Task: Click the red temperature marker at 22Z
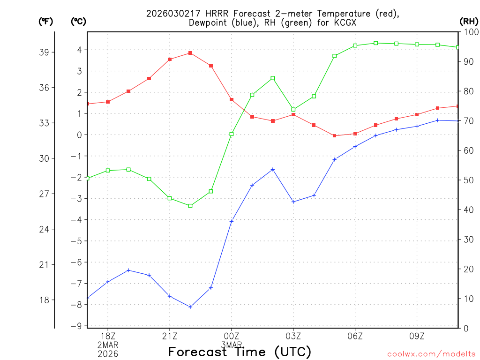(x=190, y=53)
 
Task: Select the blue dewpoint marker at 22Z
(x=190, y=307)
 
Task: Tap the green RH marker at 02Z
(x=273, y=78)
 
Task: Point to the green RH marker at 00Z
(x=232, y=134)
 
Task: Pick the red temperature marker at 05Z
(x=335, y=135)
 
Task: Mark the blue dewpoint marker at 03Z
(x=293, y=202)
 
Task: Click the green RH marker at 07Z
(x=376, y=43)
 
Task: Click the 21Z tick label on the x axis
(x=170, y=336)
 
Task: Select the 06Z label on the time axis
(x=355, y=336)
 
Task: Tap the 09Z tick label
(x=417, y=336)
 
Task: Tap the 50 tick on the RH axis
(x=468, y=180)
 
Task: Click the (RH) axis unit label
(x=468, y=21)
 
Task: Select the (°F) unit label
(x=46, y=21)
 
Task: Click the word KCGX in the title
(x=345, y=22)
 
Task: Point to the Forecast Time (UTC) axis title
(x=240, y=352)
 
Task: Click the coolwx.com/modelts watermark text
(x=431, y=354)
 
